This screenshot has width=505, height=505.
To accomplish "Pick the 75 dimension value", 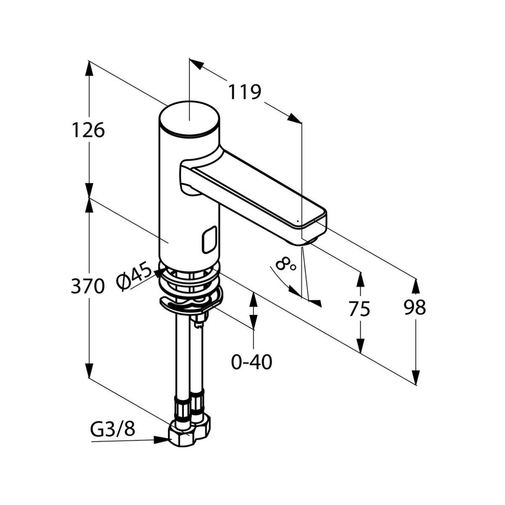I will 359,309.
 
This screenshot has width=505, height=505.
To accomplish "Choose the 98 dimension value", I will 415,308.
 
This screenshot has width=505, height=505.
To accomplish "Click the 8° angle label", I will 286,265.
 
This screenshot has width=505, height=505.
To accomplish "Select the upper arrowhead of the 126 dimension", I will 89,67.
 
